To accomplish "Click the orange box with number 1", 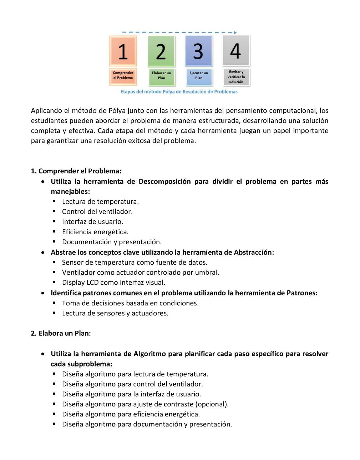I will click(x=123, y=51).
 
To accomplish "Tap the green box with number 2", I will click(x=161, y=51).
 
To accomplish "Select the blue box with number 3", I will click(x=198, y=51).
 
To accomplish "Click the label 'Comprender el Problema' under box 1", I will click(x=123, y=75).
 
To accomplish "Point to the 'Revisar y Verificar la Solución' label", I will click(x=236, y=77).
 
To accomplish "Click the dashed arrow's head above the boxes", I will click(x=235, y=32).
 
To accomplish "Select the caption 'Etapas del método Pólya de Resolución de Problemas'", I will click(x=179, y=92).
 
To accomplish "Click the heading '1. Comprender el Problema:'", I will click(x=76, y=171).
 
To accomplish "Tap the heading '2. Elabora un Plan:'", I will click(x=61, y=333).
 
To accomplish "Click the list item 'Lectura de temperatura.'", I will click(x=100, y=201).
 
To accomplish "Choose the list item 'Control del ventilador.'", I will click(x=97, y=211).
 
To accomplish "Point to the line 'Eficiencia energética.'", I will click(x=95, y=232).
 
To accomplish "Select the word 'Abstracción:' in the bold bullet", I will click(x=254, y=252).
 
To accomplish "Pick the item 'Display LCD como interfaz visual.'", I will click(x=113, y=282).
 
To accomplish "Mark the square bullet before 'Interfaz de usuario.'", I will click(x=54, y=221).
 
